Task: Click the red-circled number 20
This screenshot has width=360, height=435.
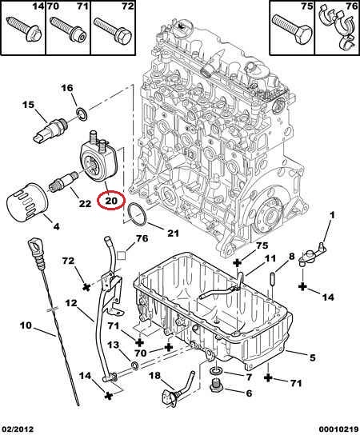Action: (111, 201)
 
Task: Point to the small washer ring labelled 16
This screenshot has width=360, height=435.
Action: (82, 115)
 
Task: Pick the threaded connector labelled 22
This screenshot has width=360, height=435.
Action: (63, 182)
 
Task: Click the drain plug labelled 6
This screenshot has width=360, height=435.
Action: (216, 386)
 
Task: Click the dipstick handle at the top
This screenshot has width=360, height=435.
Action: (36, 251)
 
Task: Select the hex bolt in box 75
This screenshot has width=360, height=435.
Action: (292, 28)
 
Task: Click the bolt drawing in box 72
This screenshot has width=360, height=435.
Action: (113, 30)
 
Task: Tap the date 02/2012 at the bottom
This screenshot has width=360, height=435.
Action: (17, 429)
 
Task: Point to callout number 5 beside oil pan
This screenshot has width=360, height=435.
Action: (313, 358)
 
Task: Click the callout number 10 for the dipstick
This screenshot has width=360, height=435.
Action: (26, 325)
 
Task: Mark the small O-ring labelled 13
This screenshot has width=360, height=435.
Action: (134, 366)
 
